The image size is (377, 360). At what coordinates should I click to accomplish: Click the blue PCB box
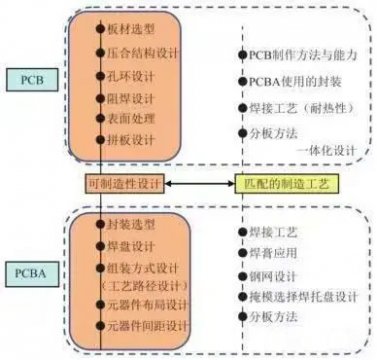(x=30, y=77)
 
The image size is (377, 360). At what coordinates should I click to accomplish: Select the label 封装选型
(x=132, y=219)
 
